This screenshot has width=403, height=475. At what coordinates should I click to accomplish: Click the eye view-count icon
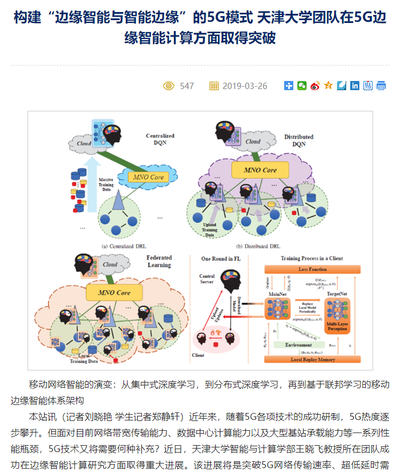click(x=169, y=86)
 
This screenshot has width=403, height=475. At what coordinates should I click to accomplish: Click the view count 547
click(x=187, y=86)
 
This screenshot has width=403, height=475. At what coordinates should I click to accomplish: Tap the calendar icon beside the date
click(x=214, y=86)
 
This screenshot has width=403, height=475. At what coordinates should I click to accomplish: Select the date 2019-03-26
click(x=245, y=86)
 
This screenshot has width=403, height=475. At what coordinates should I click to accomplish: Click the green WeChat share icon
click(x=301, y=86)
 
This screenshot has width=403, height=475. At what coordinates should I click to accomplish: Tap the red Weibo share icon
click(x=315, y=86)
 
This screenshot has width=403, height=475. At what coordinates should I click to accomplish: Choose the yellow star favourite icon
click(x=328, y=86)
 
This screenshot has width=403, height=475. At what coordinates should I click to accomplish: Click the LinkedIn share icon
click(x=355, y=86)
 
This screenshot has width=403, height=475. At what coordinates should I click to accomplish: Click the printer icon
click(x=381, y=86)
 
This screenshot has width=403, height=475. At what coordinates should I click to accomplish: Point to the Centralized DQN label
click(x=160, y=140)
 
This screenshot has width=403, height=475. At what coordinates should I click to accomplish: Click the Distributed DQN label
click(x=299, y=141)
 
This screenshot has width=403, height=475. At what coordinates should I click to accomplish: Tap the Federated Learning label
click(x=159, y=261)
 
